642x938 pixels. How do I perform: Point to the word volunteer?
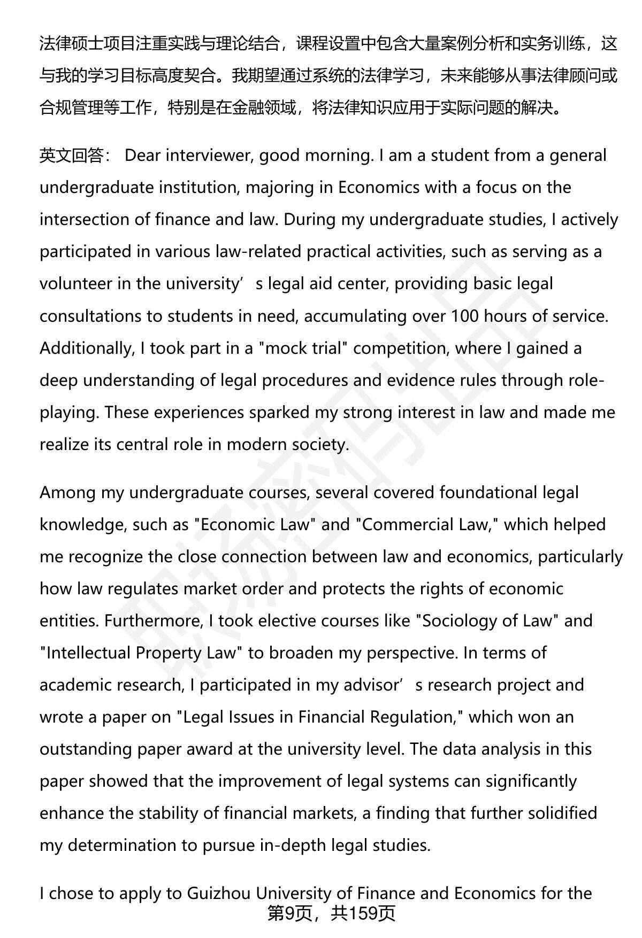point(75,284)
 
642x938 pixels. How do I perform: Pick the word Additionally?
point(85,348)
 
